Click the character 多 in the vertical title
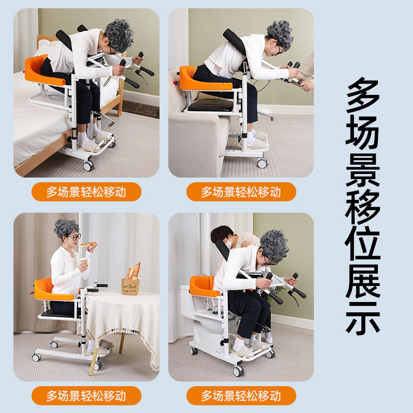pyautogui.click(x=363, y=97)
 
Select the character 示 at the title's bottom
pyautogui.click(x=363, y=314)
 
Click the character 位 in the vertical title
pyautogui.click(x=363, y=241)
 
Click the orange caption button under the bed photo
pyautogui.click(x=86, y=192)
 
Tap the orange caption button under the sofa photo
pyautogui.click(x=241, y=192)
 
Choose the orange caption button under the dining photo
pyautogui.click(x=86, y=396)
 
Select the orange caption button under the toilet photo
pyautogui.click(x=241, y=396)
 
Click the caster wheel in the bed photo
pyautogui.click(x=88, y=166)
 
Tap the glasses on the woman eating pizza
pyautogui.click(x=75, y=237)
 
